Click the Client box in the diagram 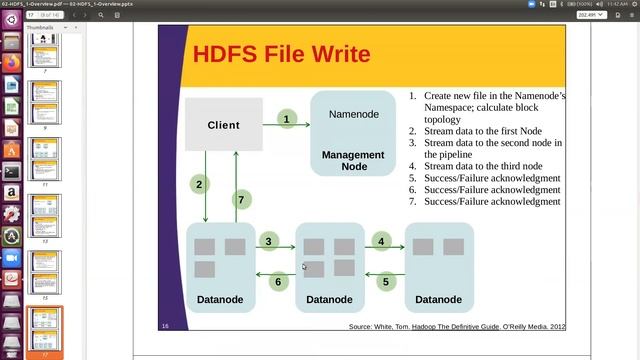click(x=224, y=125)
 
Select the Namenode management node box click(x=353, y=133)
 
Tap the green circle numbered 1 click(x=286, y=119)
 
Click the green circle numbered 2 click(x=200, y=184)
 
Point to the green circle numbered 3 click(x=269, y=241)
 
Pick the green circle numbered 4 click(x=381, y=241)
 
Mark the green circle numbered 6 click(x=279, y=281)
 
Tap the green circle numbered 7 click(x=240, y=200)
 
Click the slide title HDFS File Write click(x=281, y=54)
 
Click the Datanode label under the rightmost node click(x=438, y=299)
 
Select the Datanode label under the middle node click(x=329, y=299)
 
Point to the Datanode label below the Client click(x=220, y=299)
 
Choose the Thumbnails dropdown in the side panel click(x=44, y=27)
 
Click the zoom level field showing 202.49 click(x=591, y=15)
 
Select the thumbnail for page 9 click(x=46, y=107)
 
